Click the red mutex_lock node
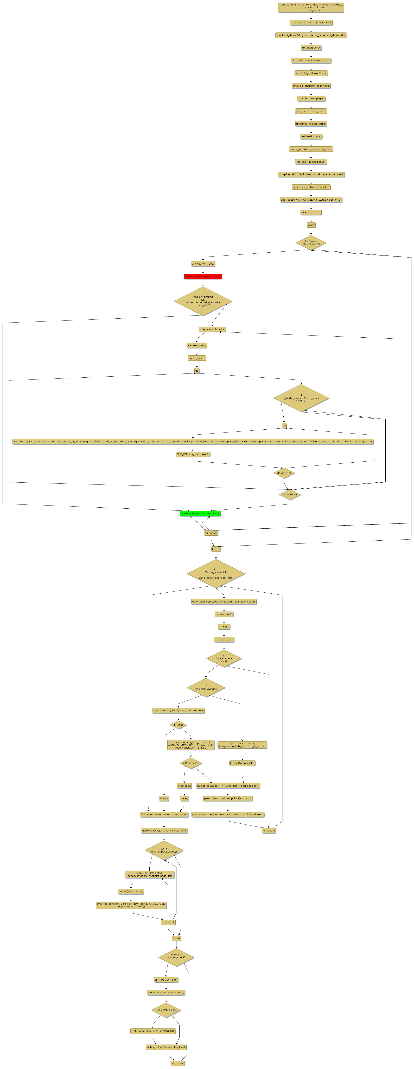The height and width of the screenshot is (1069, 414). coord(203,276)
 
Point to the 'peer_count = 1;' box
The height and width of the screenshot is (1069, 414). coord(311,212)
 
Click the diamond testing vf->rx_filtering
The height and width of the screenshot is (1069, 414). coord(203,301)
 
